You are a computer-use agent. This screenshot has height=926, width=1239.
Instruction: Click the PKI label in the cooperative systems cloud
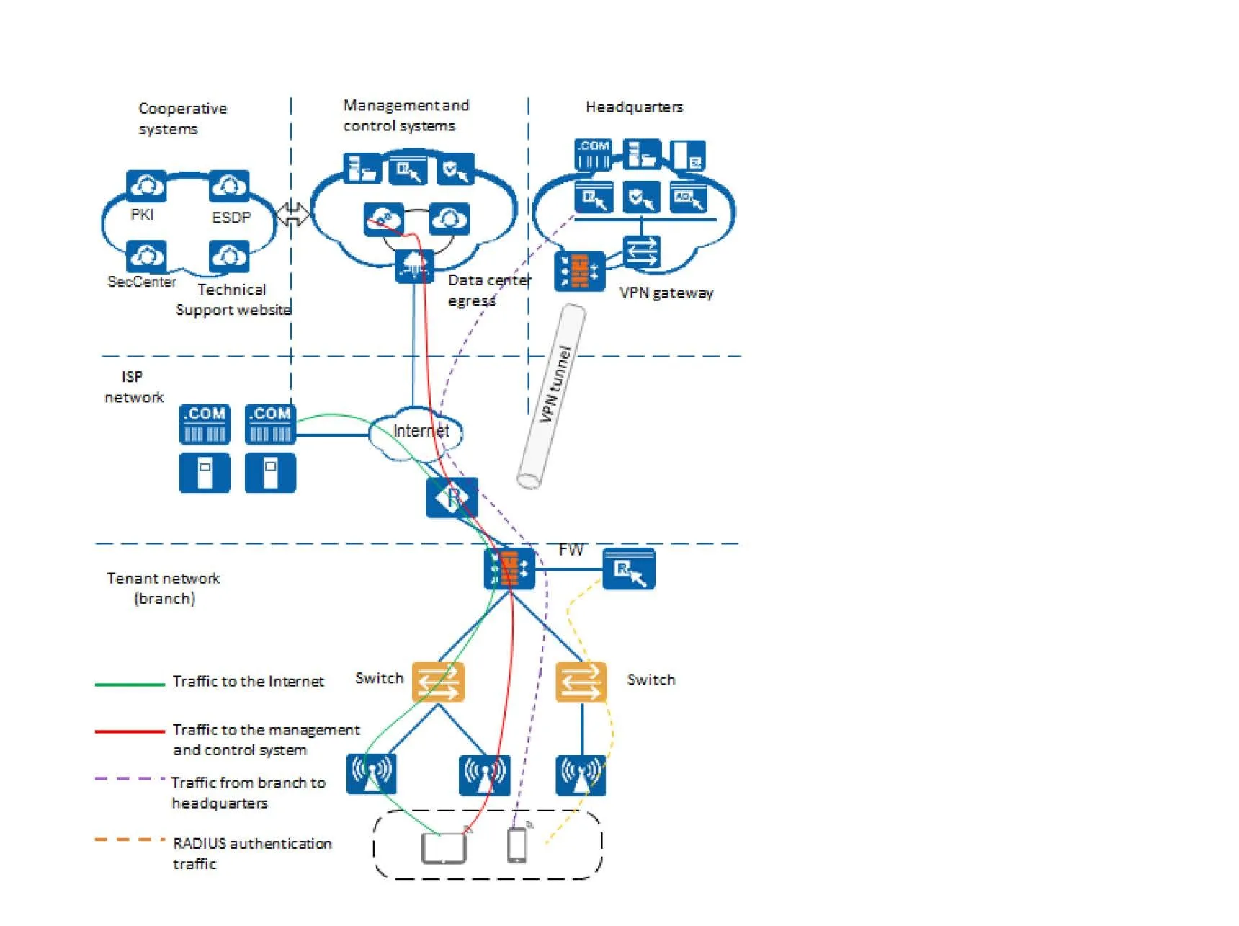pyautogui.click(x=142, y=215)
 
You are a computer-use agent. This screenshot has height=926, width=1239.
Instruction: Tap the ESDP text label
pyautogui.click(x=231, y=218)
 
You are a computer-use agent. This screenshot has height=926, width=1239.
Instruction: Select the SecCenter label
pyautogui.click(x=142, y=282)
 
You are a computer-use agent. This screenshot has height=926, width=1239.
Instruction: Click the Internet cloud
pyautogui.click(x=416, y=432)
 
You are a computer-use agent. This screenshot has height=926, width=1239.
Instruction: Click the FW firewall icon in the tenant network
pyautogui.click(x=509, y=569)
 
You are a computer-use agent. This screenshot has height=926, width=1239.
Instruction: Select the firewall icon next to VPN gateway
pyautogui.click(x=579, y=272)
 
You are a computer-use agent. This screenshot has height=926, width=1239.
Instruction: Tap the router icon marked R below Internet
pyautogui.click(x=452, y=497)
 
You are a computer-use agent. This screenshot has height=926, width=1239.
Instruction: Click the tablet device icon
pyautogui.click(x=444, y=848)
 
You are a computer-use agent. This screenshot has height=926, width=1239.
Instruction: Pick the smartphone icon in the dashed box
pyautogui.click(x=517, y=845)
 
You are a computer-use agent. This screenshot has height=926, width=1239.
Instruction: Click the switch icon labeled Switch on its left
pyautogui.click(x=438, y=682)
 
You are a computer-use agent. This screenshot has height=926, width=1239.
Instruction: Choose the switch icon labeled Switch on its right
pyautogui.click(x=581, y=682)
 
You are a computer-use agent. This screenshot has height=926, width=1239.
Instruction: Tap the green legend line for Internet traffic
pyautogui.click(x=130, y=684)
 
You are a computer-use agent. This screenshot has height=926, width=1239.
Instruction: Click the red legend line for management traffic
pyautogui.click(x=130, y=731)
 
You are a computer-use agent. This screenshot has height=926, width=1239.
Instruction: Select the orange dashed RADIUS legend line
pyautogui.click(x=130, y=840)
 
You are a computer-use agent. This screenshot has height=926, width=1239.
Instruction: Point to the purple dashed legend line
pyautogui.click(x=130, y=779)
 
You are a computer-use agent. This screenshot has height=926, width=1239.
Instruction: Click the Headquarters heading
pyautogui.click(x=634, y=107)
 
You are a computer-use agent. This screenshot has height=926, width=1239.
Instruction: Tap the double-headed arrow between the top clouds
pyautogui.click(x=292, y=214)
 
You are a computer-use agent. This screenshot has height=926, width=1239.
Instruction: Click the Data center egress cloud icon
pyautogui.click(x=414, y=266)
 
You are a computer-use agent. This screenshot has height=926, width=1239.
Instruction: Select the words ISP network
pyautogui.click(x=133, y=387)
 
